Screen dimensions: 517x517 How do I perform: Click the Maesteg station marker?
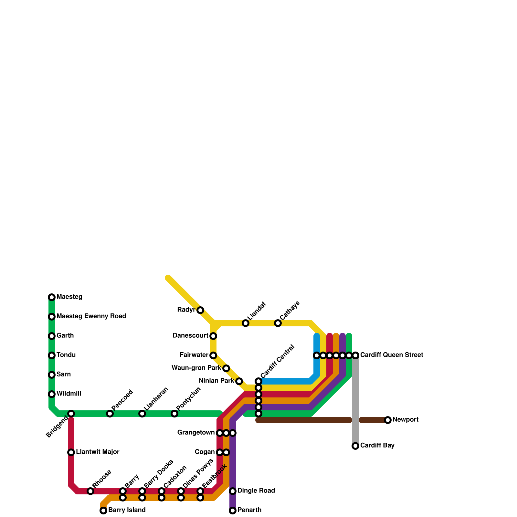click(52, 297)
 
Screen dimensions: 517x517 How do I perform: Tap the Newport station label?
click(406, 420)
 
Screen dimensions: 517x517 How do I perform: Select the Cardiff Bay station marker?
click(355, 446)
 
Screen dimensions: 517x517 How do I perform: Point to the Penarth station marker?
click(233, 511)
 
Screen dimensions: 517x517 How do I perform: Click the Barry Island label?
click(127, 510)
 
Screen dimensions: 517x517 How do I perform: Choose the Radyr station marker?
click(200, 310)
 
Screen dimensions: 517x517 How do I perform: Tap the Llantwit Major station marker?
click(71, 452)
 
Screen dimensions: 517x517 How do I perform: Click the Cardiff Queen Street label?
click(392, 355)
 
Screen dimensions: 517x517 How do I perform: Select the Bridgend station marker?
click(71, 414)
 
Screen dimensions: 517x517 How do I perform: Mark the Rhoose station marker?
click(90, 491)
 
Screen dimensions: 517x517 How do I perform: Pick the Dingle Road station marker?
click(233, 491)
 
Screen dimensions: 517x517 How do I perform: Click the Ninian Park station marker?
click(239, 381)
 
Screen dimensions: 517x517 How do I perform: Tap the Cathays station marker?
click(278, 323)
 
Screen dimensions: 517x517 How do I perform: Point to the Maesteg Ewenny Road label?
click(91, 316)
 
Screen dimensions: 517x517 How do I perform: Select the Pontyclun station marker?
click(174, 414)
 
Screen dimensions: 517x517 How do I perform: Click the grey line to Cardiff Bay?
click(355, 401)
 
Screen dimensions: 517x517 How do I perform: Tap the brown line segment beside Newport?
click(373, 420)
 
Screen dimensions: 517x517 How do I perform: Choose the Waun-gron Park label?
click(196, 368)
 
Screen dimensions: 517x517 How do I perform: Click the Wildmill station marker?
click(52, 394)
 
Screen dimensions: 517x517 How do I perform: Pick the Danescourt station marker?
click(213, 336)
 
